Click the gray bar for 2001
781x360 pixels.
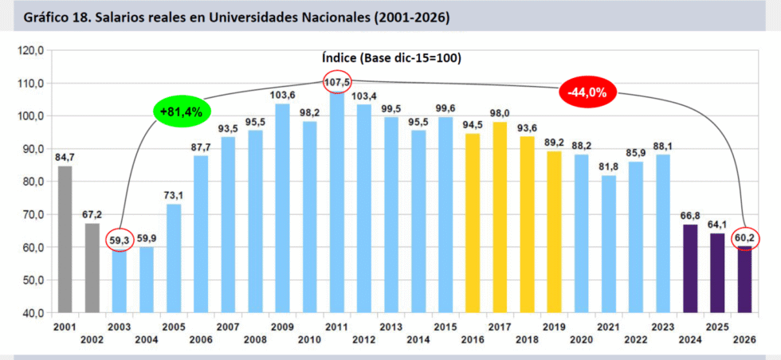pyautogui.click(x=65, y=239)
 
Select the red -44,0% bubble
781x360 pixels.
pyautogui.click(x=587, y=92)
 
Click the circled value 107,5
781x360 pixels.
pyautogui.click(x=336, y=81)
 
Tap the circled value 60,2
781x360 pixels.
pyautogui.click(x=744, y=237)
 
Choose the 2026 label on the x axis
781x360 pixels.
pyautogui.click(x=744, y=339)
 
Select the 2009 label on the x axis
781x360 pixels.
pyautogui.click(x=282, y=327)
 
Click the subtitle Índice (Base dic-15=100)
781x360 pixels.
pyautogui.click(x=391, y=58)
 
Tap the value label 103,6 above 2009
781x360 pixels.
pyautogui.click(x=282, y=95)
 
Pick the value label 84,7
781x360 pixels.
pyautogui.click(x=65, y=157)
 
